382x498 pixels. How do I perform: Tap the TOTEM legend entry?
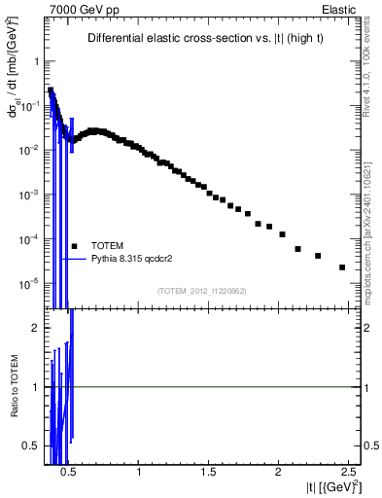(x=107, y=245)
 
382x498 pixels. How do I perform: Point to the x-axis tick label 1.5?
(x=209, y=472)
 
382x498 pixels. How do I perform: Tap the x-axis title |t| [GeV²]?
(x=322, y=486)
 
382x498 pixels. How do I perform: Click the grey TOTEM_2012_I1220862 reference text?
(x=201, y=291)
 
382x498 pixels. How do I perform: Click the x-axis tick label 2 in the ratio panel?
(x=278, y=472)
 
